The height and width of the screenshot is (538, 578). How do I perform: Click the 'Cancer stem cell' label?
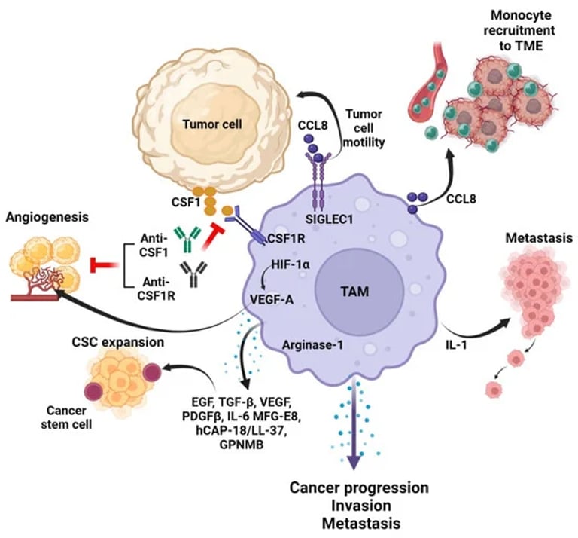click(x=60, y=417)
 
